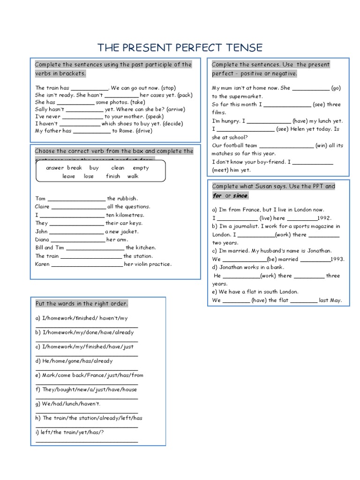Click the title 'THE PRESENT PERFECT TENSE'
pos(180,47)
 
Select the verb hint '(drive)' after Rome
pos(144,131)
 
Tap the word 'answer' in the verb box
pos(55,168)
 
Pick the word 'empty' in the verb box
pos(141,168)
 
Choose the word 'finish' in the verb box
pos(113,176)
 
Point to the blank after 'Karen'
pos(86,265)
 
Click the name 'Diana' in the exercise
pos(42,240)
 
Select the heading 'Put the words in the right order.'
pos(82,304)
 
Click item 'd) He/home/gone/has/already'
pos(74,361)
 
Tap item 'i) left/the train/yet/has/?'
pos(69,432)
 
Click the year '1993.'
pos(337,259)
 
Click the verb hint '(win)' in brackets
pos(323,145)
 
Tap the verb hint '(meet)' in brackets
pos(220,170)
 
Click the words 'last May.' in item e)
pos(330,300)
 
